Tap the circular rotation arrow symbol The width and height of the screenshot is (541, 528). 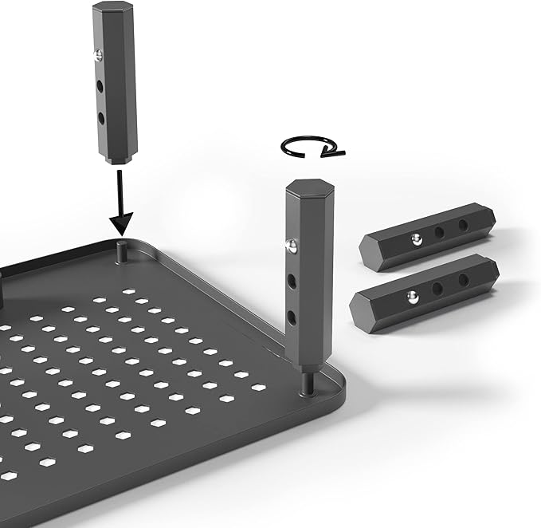click(312, 147)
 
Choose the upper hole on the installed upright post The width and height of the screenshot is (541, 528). click(294, 280)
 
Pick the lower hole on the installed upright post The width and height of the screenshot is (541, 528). click(294, 317)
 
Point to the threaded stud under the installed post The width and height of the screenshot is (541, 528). click(308, 382)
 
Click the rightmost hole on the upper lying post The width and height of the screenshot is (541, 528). click(463, 226)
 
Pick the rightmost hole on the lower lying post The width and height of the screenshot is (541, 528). click(463, 279)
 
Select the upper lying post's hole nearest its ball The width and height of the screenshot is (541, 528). click(439, 232)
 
